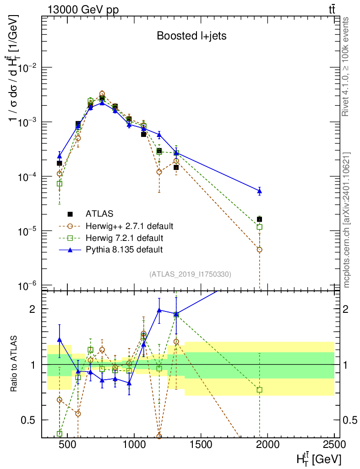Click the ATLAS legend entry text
[x=99, y=214]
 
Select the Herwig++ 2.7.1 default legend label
[x=130, y=226]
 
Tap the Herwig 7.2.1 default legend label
[x=125, y=238]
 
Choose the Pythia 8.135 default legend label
[x=124, y=250]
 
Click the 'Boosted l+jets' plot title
[x=191, y=36]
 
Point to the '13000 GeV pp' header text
[x=83, y=10]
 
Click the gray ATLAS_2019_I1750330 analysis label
[x=190, y=274]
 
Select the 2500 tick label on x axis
[x=333, y=444]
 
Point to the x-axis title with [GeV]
[x=319, y=458]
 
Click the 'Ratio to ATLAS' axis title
[x=13, y=364]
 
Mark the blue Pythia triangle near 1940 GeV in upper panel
[x=260, y=191]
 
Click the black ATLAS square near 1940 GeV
[x=260, y=219]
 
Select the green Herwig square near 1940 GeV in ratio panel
[x=260, y=390]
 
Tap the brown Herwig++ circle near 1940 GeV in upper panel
[x=260, y=250]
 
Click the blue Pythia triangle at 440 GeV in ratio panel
[x=60, y=339]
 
